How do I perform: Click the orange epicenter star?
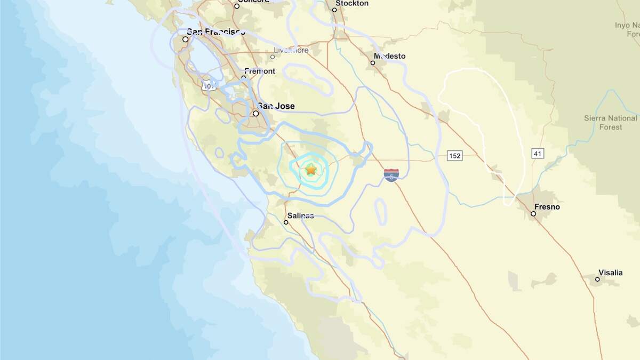(311, 170)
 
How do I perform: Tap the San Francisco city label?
(216, 32)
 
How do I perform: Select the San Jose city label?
(276, 106)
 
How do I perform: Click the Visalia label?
(611, 273)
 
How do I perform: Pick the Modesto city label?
(389, 56)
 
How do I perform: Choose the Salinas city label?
(300, 216)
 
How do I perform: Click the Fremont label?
(260, 71)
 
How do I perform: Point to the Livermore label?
(291, 51)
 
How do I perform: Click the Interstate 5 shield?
(391, 175)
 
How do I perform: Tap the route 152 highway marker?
(454, 156)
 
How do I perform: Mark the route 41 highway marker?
(538, 154)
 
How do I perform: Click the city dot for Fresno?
(533, 214)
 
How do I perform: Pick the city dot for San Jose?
(256, 114)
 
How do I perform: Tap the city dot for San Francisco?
(186, 39)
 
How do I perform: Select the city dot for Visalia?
(597, 279)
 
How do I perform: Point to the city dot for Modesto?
(373, 63)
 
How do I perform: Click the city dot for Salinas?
(286, 222)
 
